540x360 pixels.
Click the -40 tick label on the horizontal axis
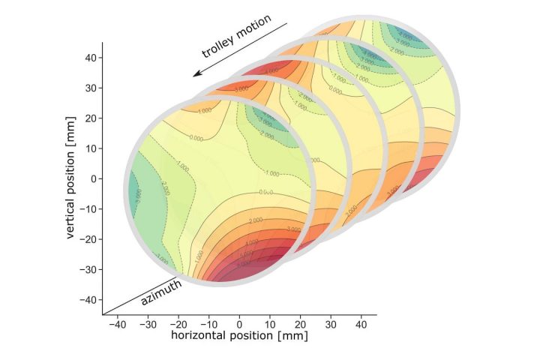pos(117,324)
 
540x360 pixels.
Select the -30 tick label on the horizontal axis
pos(148,324)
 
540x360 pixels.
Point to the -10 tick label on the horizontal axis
pos(208,324)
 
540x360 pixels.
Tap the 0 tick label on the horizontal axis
pos(239,324)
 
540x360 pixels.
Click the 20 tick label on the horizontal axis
pos(300,324)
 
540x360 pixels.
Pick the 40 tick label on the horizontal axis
pos(361,324)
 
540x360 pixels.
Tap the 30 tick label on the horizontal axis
pos(331,324)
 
